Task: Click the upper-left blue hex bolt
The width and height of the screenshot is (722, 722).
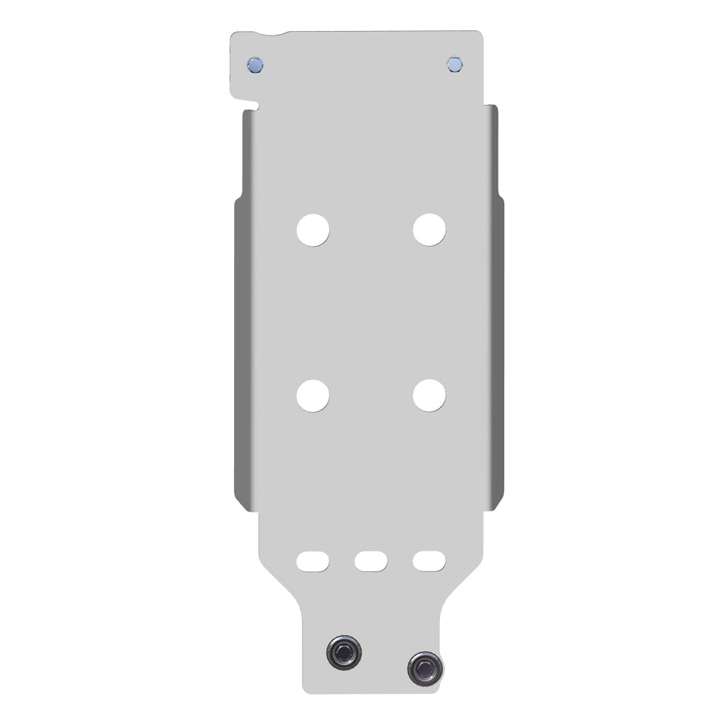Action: (255, 65)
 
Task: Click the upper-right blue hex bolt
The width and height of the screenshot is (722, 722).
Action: (455, 65)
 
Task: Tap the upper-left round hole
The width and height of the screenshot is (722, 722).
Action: (312, 230)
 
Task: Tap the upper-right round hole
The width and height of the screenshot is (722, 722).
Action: (429, 230)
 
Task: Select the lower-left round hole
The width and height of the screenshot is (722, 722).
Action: (312, 396)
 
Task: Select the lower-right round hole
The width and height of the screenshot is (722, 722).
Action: (429, 396)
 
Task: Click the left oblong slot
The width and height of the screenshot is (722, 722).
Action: (312, 561)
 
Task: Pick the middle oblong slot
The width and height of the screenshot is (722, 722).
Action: (371, 561)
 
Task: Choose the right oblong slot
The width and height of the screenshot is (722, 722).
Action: (429, 561)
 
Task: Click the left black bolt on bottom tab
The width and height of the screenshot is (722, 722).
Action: (344, 650)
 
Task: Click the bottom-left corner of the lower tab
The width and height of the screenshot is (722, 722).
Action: (305, 689)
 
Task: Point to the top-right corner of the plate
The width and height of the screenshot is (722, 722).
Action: (480, 34)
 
